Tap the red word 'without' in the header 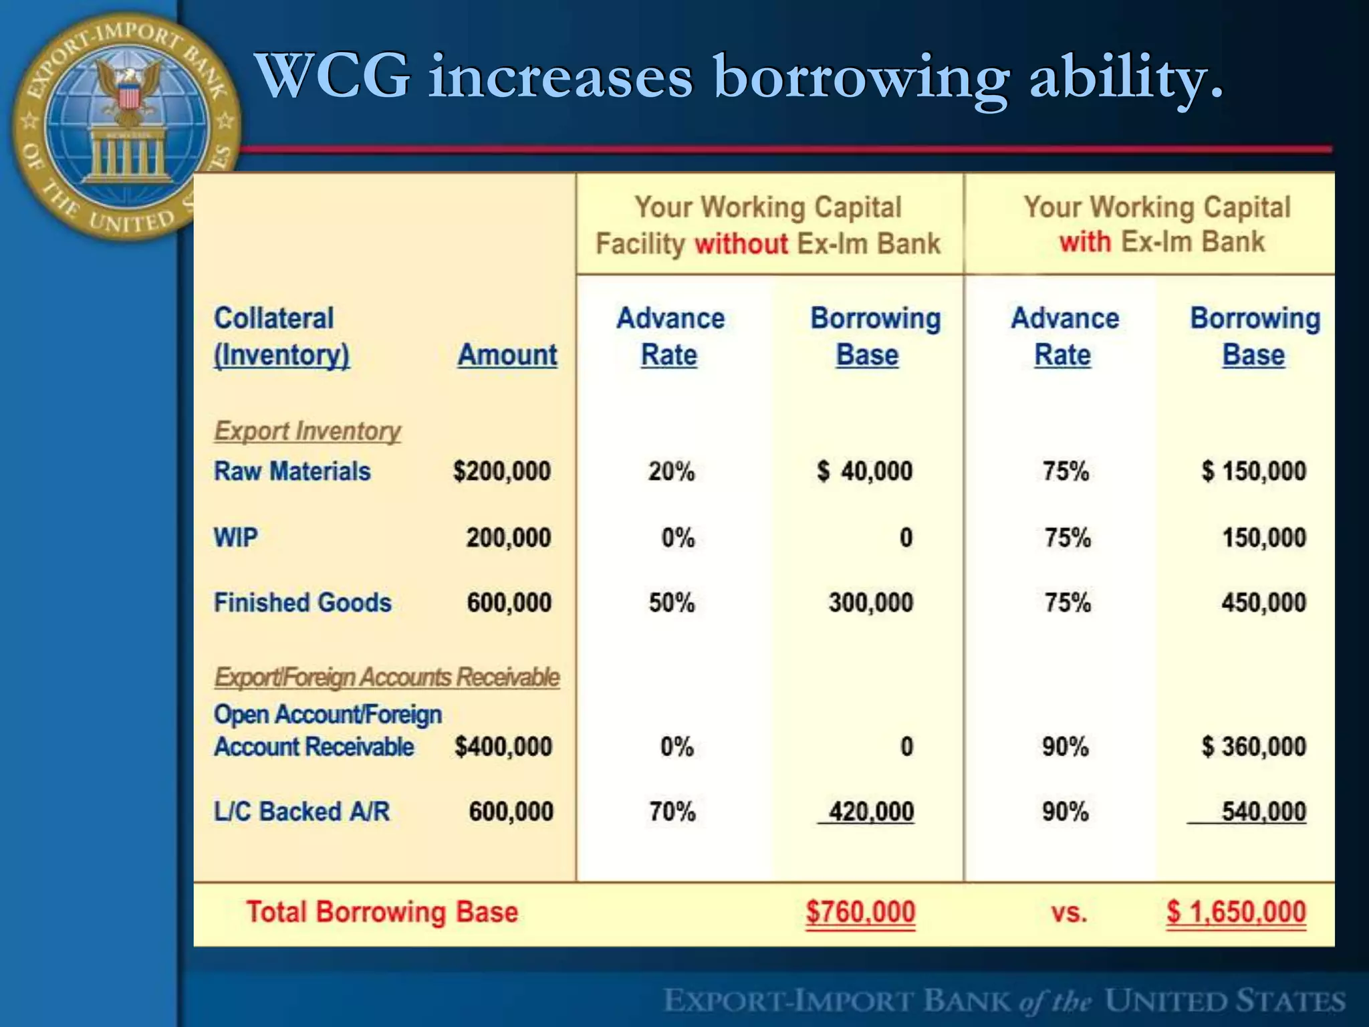741,243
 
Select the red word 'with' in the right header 1085,241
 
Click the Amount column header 507,354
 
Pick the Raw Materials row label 292,471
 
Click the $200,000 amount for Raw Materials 502,471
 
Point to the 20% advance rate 671,471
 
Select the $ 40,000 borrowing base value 864,471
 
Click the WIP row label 235,538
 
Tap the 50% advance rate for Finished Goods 672,603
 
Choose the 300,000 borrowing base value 870,603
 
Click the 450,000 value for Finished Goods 1263,603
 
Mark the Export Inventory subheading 307,431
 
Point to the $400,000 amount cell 503,746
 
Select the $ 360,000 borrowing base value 1253,746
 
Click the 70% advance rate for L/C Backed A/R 672,812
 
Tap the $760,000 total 860,912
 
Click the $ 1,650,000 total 1236,912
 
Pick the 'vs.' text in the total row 1068,913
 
